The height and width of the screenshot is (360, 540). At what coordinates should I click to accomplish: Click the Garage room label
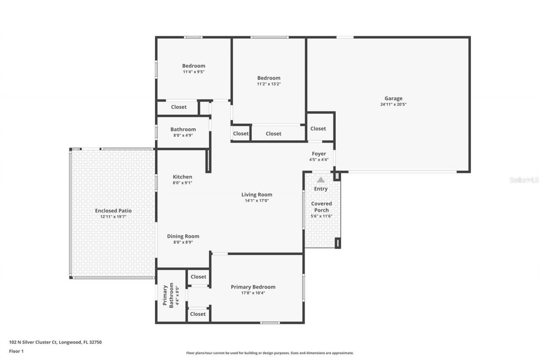pyautogui.click(x=393, y=98)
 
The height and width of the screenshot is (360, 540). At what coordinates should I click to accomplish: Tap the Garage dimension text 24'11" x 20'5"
pyautogui.click(x=393, y=104)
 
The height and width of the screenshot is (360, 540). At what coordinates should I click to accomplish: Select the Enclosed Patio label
pyautogui.click(x=113, y=211)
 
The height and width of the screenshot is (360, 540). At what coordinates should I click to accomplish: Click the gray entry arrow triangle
pyautogui.click(x=321, y=180)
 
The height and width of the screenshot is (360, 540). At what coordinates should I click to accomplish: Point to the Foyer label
pyautogui.click(x=319, y=154)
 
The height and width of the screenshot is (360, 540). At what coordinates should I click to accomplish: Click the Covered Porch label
pyautogui.click(x=321, y=207)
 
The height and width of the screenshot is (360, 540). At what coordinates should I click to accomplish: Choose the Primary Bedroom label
pyautogui.click(x=253, y=287)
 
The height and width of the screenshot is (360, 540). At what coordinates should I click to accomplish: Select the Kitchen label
pyautogui.click(x=182, y=177)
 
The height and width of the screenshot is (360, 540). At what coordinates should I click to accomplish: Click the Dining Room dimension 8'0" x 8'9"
pyautogui.click(x=183, y=242)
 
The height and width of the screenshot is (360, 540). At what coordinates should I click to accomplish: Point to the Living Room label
pyautogui.click(x=256, y=195)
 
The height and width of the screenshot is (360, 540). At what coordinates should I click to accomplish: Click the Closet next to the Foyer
pyautogui.click(x=318, y=128)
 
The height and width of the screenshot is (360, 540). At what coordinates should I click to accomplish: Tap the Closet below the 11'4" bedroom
pyautogui.click(x=178, y=107)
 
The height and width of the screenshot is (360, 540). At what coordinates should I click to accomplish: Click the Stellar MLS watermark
pyautogui.click(x=524, y=180)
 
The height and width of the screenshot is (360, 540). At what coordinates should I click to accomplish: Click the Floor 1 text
pyautogui.click(x=16, y=351)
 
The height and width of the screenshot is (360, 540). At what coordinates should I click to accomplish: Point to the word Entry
pyautogui.click(x=321, y=189)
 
